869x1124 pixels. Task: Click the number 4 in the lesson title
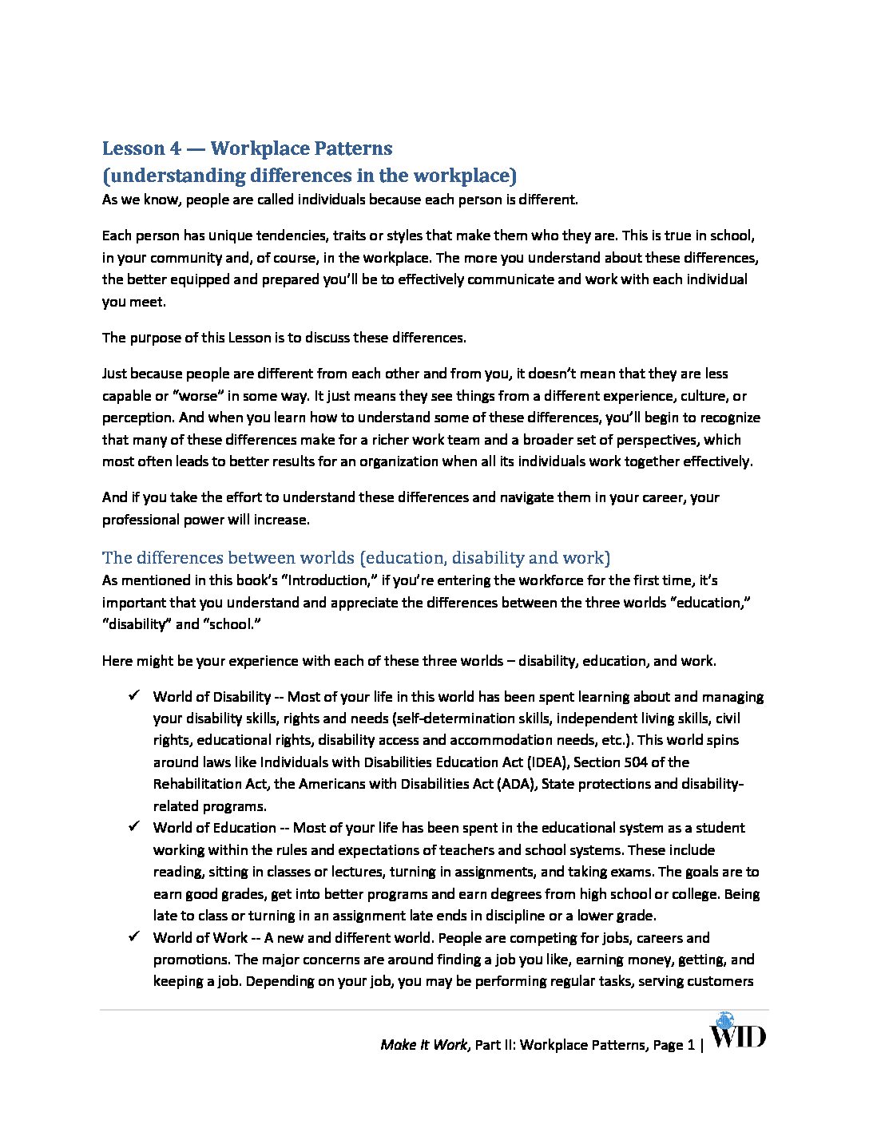[175, 148]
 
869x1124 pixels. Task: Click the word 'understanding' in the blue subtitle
[174, 176]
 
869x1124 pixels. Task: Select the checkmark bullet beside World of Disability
[134, 696]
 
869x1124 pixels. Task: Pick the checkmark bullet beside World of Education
[134, 827]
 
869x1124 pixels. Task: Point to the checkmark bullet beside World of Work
[134, 937]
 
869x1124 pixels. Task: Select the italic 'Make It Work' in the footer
[423, 1045]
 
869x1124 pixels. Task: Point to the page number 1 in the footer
[691, 1045]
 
